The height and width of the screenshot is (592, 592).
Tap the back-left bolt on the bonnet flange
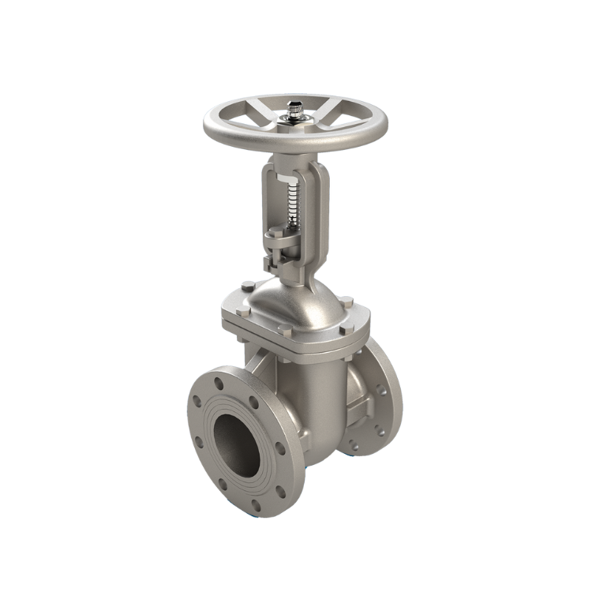[247, 287]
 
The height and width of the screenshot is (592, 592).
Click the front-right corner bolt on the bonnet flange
[346, 328]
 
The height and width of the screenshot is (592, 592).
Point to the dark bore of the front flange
[238, 443]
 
